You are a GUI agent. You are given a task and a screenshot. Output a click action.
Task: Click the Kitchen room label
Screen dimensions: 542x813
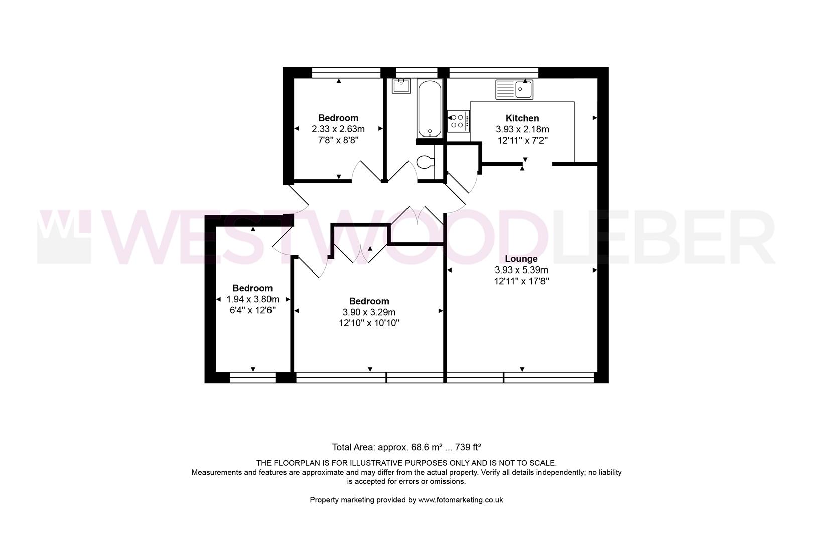[x=522, y=118]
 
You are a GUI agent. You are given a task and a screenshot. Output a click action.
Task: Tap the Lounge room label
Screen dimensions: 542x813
[x=521, y=259]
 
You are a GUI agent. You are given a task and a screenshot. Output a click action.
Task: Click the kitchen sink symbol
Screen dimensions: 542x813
[x=515, y=90]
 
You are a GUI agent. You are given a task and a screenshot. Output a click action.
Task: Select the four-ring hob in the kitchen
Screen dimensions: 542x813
[x=458, y=121]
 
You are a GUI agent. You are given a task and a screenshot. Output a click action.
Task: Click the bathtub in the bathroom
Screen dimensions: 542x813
[x=430, y=108]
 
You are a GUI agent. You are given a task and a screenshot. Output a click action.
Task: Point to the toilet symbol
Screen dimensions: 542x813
[x=425, y=163]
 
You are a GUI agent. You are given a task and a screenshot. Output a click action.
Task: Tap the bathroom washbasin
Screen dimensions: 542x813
[x=401, y=86]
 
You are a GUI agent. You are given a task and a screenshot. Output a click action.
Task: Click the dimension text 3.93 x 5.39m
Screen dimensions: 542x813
[x=521, y=270]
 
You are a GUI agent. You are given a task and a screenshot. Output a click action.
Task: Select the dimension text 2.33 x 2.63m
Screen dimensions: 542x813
[x=338, y=129]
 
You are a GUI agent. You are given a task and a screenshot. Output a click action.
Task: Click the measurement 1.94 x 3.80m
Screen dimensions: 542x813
[x=252, y=299]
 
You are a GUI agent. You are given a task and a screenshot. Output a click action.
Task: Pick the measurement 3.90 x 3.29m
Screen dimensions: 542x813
[x=369, y=312]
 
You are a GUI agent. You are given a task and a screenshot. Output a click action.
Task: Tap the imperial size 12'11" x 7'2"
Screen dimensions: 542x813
[x=522, y=141]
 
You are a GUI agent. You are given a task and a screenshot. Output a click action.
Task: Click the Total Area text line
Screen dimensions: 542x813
[x=406, y=447]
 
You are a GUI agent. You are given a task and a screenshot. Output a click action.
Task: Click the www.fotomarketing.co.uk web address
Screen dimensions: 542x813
[x=460, y=500]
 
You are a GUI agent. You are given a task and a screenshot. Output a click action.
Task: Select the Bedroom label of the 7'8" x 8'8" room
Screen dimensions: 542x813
[x=338, y=118]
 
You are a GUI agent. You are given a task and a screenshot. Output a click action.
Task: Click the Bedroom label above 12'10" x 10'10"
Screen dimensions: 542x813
[x=369, y=301]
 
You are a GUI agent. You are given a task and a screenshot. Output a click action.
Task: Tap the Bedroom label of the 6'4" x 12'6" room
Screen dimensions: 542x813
[x=252, y=288]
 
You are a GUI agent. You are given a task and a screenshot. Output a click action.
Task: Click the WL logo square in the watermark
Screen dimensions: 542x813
[x=64, y=237]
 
